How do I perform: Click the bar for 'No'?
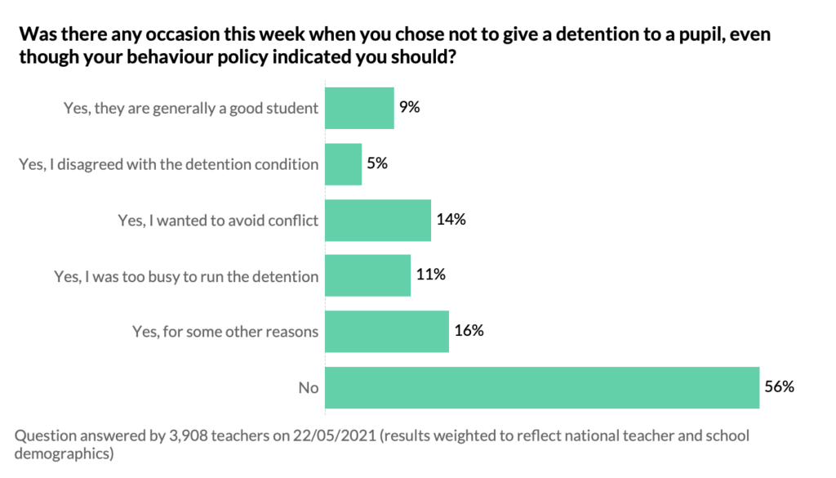(543, 387)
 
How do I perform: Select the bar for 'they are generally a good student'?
(359, 108)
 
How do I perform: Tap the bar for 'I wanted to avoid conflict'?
(378, 221)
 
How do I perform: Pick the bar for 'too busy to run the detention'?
(367, 276)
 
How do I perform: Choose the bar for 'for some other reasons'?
(387, 332)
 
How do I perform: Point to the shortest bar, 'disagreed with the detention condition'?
(343, 164)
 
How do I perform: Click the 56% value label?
(780, 386)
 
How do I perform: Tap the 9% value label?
(409, 106)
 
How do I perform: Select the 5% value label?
(376, 163)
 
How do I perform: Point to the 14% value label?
(451, 219)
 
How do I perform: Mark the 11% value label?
(430, 275)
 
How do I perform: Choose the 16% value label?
(469, 331)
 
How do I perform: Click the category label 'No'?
(308, 388)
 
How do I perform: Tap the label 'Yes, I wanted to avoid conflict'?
(218, 221)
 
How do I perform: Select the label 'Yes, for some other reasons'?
(225, 332)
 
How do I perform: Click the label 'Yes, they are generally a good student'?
(191, 108)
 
